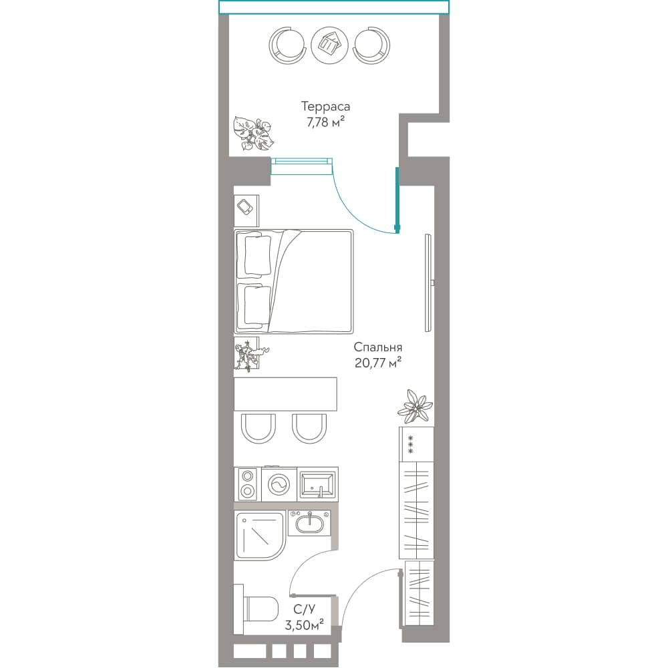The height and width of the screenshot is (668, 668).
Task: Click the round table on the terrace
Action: tap(329, 45)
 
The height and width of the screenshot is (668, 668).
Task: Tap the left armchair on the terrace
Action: tap(287, 45)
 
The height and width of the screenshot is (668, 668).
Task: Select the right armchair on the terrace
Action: tap(371, 45)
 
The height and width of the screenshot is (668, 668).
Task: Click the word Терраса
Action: tap(325, 106)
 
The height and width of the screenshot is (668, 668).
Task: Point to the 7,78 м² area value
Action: tap(325, 122)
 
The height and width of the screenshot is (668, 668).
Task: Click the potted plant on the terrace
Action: tap(253, 134)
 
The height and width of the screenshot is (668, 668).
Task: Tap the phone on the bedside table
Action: tap(245, 208)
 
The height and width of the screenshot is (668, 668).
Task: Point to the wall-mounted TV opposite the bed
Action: tap(429, 283)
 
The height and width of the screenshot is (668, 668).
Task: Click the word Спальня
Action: tap(378, 347)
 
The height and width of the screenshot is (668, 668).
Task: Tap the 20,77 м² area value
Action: tap(378, 363)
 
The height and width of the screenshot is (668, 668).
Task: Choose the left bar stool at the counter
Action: tap(258, 429)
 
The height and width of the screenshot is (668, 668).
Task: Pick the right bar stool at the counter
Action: tap(309, 429)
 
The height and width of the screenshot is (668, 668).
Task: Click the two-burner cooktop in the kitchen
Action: tap(247, 484)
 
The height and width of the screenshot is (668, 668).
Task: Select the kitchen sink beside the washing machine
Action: tap(317, 484)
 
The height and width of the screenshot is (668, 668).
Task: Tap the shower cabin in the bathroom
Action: tap(259, 536)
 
